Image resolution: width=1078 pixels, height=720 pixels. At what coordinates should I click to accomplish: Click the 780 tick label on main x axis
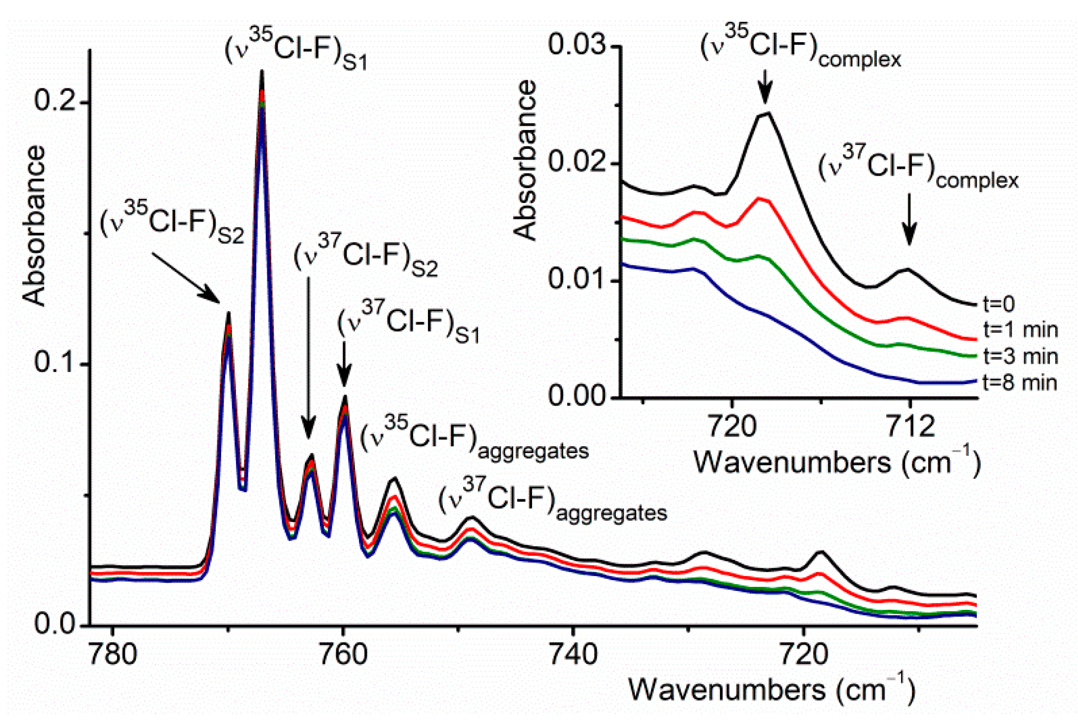[x=113, y=655]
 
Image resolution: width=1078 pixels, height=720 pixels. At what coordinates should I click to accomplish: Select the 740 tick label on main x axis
[x=574, y=655]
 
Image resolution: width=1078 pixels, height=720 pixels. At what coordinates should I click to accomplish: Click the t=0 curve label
[x=999, y=304]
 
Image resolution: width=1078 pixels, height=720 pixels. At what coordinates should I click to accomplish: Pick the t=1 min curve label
[x=1020, y=329]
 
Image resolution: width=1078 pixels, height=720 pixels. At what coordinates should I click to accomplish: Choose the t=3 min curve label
[x=1020, y=356]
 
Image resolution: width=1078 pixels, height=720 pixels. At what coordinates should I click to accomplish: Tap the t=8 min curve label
[x=1019, y=383]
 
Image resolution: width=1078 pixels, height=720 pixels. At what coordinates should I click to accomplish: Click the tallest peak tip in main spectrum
[x=262, y=72]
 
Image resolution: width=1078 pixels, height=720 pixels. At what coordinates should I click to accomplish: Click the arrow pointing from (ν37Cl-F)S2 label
[x=308, y=357]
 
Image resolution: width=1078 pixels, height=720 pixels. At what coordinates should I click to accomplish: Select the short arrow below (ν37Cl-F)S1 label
[x=344, y=365]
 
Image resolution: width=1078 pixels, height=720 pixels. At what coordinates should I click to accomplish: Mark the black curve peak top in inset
[x=767, y=114]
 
